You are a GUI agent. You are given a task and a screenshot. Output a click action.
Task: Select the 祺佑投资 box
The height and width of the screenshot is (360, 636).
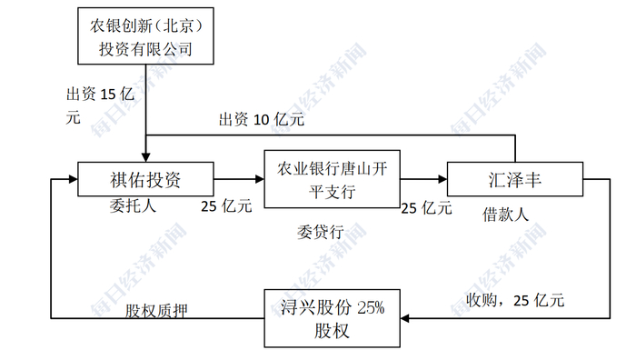(x=145, y=179)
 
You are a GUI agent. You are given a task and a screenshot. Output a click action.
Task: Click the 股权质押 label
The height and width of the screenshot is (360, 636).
(x=156, y=311)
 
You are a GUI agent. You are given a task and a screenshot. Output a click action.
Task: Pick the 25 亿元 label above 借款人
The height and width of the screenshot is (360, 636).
(x=426, y=208)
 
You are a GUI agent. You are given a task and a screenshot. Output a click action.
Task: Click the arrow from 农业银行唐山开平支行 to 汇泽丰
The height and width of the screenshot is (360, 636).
(x=423, y=179)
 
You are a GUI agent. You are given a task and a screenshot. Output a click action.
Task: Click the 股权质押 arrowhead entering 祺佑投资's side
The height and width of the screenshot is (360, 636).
(x=57, y=179)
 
